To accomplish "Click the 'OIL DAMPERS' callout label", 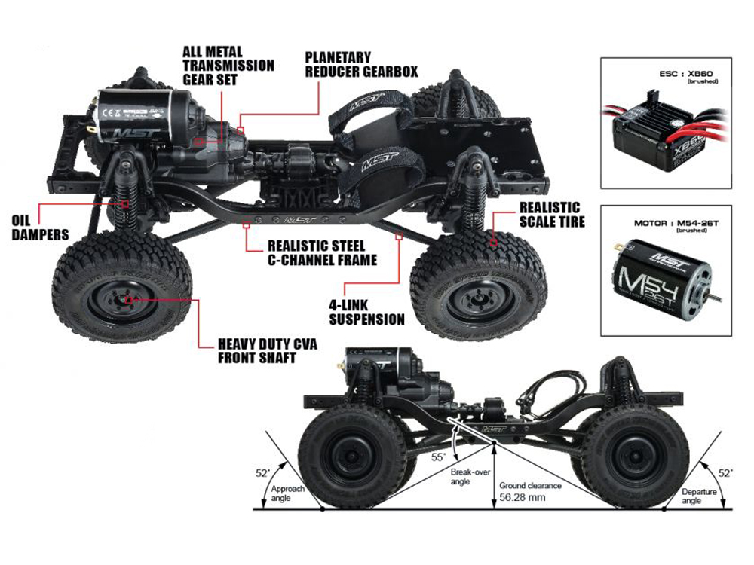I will click(39, 228).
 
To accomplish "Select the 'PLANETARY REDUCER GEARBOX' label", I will click(360, 64).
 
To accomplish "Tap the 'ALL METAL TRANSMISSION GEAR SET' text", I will click(228, 65).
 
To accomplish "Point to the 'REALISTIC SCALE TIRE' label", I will click(550, 214).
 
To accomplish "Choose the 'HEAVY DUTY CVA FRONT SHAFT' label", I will click(267, 350).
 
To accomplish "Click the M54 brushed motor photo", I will click(664, 279).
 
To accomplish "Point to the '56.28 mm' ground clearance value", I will click(520, 498).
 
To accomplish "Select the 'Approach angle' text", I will click(288, 494).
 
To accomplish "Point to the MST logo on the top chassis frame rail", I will click(296, 221).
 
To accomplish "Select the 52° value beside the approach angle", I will click(262, 473).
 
